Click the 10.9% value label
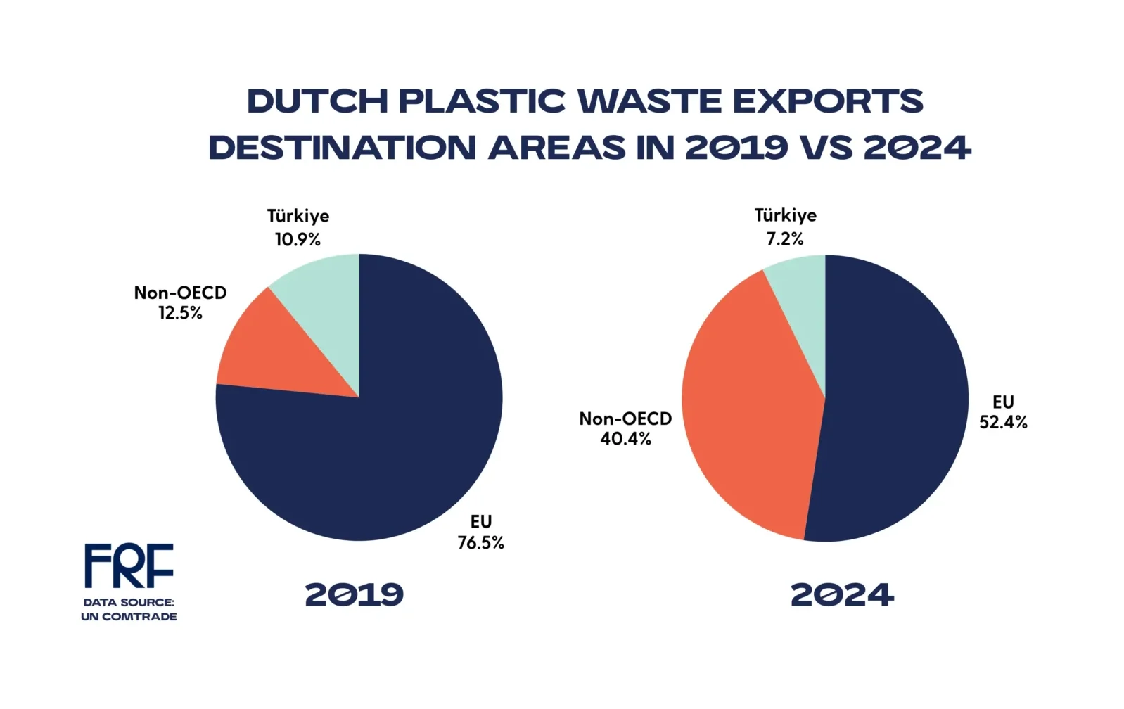[298, 239]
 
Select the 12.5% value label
[180, 312]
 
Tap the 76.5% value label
[480, 542]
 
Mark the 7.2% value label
[785, 239]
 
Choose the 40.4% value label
[626, 438]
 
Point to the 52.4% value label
[1004, 422]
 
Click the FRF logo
[129, 565]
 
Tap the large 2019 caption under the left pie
[355, 595]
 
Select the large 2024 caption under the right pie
[842, 595]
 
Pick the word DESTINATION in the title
[343, 148]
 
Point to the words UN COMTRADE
[129, 617]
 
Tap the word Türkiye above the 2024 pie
[785, 215]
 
